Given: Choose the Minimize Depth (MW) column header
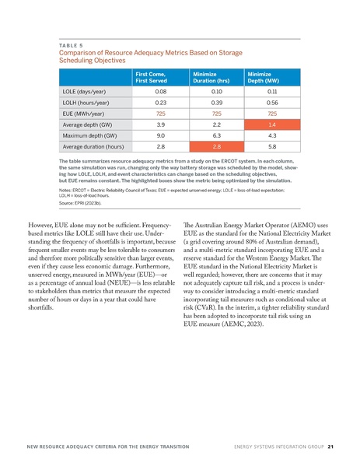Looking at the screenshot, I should (x=263, y=76).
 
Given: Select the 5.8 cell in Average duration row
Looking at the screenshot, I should (x=272, y=145).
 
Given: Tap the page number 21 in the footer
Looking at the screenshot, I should (x=330, y=447).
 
